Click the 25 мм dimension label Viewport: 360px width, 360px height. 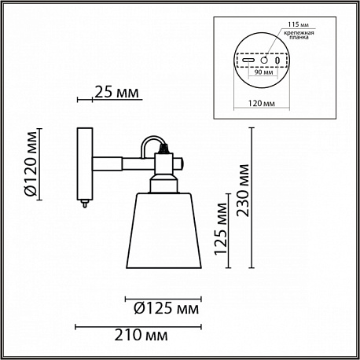click(x=116, y=92)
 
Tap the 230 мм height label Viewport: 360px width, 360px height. click(x=242, y=190)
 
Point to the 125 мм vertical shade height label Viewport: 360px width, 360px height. click(x=220, y=229)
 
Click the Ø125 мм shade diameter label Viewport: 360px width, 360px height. click(x=167, y=308)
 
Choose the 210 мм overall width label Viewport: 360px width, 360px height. click(x=141, y=335)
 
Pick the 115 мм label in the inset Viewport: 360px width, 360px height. click(x=298, y=24)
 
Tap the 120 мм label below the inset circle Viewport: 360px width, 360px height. click(x=262, y=103)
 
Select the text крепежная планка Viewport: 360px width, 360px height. click(x=299, y=35)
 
